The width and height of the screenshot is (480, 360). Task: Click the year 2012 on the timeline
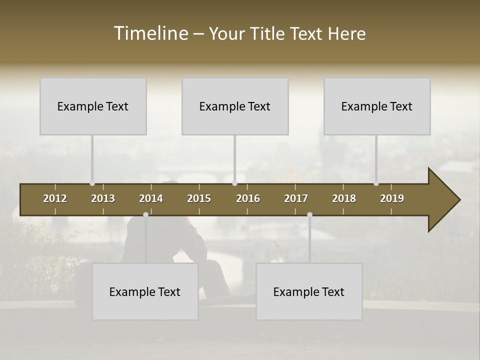coord(55,198)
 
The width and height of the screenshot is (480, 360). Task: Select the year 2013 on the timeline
coord(103,198)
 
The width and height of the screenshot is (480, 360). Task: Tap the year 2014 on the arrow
coord(151,198)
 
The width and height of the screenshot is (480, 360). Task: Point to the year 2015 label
coord(199,198)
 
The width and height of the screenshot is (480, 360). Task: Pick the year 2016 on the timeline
coord(248,198)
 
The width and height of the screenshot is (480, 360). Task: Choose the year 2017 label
coord(296,198)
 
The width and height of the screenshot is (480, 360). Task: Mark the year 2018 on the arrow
coord(344,198)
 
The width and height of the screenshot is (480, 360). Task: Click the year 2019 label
coord(392,198)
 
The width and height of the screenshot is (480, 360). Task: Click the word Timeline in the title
coord(150,33)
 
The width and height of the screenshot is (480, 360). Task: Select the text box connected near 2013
coord(93,106)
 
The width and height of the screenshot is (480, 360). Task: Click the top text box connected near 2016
coord(235,106)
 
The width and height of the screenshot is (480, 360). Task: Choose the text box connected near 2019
coord(377,106)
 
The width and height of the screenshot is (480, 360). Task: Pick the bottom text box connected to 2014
coord(145,291)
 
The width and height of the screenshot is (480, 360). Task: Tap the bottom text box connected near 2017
coord(309,291)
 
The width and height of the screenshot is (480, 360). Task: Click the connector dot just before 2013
coord(92,183)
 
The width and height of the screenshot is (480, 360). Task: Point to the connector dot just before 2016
coord(234,183)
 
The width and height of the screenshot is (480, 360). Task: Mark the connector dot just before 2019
coord(376,183)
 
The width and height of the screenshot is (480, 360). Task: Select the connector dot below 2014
coord(145,214)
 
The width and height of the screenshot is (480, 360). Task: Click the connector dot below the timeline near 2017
coord(309,214)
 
